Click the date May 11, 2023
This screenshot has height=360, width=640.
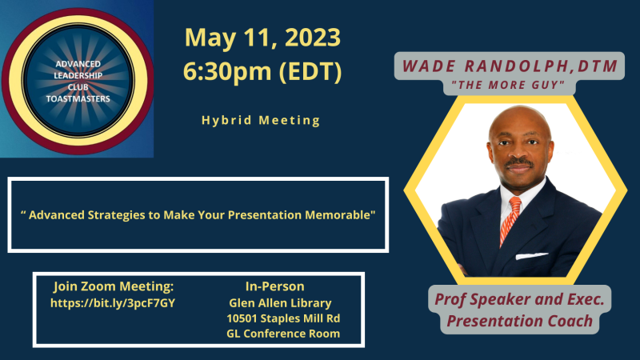pyautogui.click(x=262, y=38)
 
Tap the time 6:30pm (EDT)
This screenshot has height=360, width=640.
pyautogui.click(x=262, y=71)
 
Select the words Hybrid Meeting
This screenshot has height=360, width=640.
pyautogui.click(x=261, y=121)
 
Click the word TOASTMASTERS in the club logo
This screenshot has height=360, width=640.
pyautogui.click(x=78, y=98)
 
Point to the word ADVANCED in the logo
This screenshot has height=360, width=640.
pyautogui.click(x=78, y=64)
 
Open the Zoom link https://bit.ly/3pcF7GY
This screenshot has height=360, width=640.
pyautogui.click(x=113, y=303)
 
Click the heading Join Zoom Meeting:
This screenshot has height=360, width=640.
pyautogui.click(x=114, y=286)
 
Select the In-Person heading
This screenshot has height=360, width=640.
pyautogui.click(x=274, y=286)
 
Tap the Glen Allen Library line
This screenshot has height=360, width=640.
pyautogui.click(x=280, y=303)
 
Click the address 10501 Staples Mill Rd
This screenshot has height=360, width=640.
pyautogui.click(x=283, y=318)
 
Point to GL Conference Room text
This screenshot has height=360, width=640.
pyautogui.click(x=283, y=334)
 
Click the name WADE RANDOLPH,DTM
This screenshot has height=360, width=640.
pyautogui.click(x=510, y=66)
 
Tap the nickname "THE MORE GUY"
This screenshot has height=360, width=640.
pyautogui.click(x=508, y=85)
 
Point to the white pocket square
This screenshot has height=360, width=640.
pyautogui.click(x=531, y=256)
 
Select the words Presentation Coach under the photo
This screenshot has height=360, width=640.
pyautogui.click(x=519, y=321)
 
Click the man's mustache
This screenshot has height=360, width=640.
pyautogui.click(x=519, y=162)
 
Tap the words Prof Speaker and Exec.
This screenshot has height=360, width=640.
pyautogui.click(x=519, y=299)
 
